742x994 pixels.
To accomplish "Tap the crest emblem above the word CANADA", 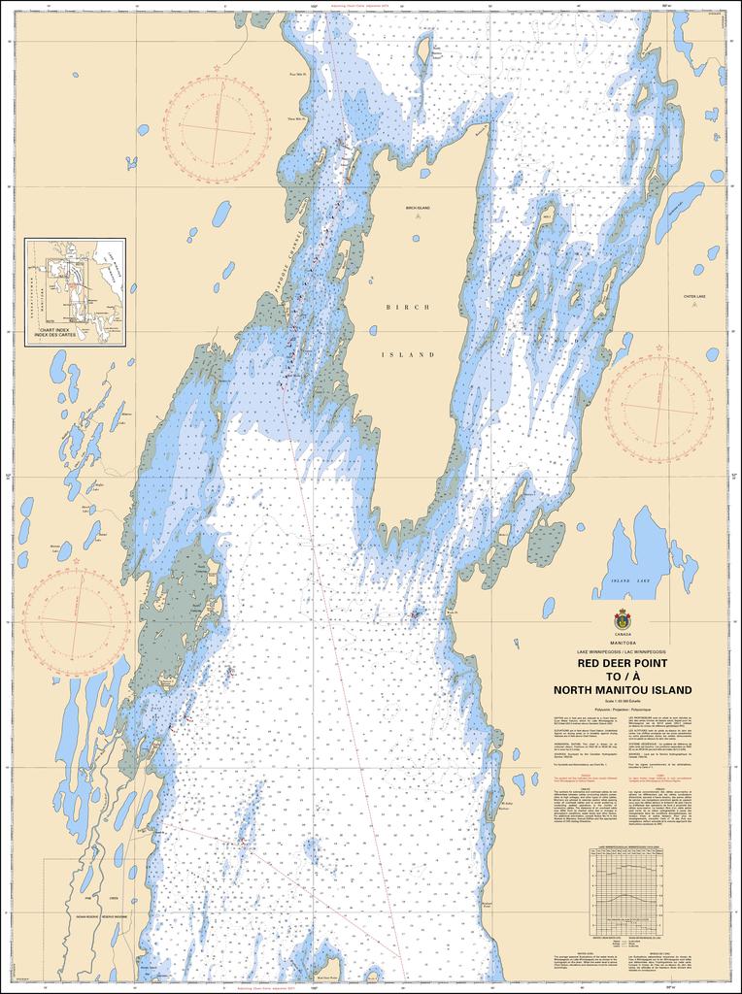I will pyautogui.click(x=622, y=619).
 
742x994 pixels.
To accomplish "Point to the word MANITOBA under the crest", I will pyautogui.click(x=622, y=643).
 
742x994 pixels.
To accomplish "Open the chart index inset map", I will pyautogui.click(x=75, y=291).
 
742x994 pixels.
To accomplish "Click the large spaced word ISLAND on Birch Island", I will pyautogui.click(x=407, y=355).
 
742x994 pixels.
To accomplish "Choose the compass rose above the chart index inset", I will pyautogui.click(x=216, y=129).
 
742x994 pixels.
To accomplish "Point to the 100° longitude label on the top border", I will pyautogui.click(x=315, y=6).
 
